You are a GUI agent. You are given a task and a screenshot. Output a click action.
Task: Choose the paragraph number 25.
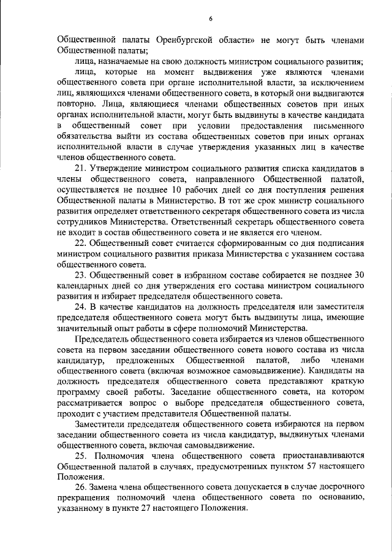[81, 455]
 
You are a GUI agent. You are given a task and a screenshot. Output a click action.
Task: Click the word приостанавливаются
[323, 455]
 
